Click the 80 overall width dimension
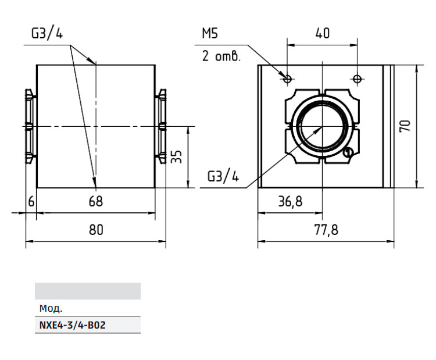coord(96,230)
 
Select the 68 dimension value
coord(96,201)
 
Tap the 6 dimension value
coord(31,201)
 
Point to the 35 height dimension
coord(176,156)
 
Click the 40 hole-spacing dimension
coord(323,33)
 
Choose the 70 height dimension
coord(405,126)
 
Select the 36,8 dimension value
coord(290,201)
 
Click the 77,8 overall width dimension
coord(326,230)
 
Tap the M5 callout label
coord(210,33)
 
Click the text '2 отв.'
coord(221,56)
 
